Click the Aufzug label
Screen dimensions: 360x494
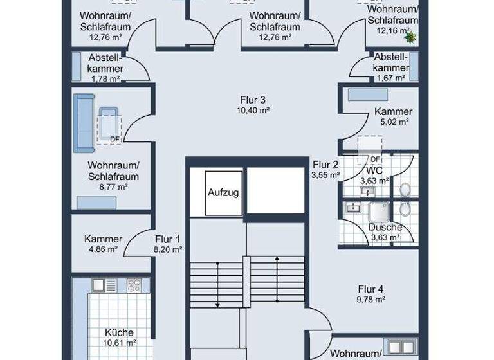(x=224, y=192)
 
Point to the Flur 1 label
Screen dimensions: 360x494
(x=167, y=239)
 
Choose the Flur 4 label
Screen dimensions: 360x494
(x=371, y=289)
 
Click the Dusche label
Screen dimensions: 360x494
(x=385, y=228)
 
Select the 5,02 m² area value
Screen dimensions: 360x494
(x=393, y=122)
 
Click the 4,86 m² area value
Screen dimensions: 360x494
(x=103, y=249)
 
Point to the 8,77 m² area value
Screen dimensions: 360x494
(x=113, y=186)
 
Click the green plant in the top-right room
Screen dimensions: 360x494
(x=410, y=37)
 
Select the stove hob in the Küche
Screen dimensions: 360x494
(x=134, y=283)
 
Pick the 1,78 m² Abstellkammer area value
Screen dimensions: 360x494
(x=105, y=79)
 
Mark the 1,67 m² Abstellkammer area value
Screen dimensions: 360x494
(x=390, y=78)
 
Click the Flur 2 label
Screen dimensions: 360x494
(x=325, y=163)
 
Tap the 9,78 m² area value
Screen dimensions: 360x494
(x=371, y=299)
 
